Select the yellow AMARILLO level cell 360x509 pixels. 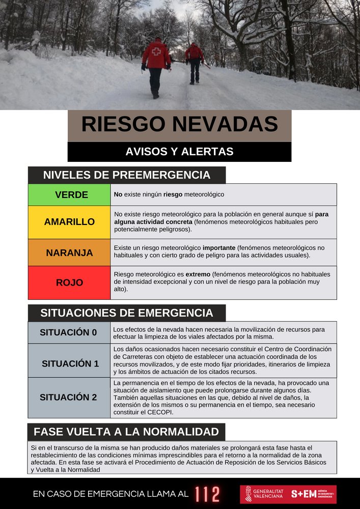pos(69,222)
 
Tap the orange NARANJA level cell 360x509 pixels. pos(69,252)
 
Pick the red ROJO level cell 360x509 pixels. pos(69,282)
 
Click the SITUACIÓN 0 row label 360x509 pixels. pos(69,332)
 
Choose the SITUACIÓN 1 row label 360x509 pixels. pos(70,363)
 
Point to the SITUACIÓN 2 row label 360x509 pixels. pos(69,397)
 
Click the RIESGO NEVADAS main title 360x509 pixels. pos(179,125)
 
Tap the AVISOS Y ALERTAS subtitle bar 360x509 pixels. pos(179,152)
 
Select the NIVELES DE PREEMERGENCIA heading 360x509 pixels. pos(126,175)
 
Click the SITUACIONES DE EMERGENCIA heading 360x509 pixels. pos(126,313)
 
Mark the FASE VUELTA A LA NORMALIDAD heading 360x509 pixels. pos(126,432)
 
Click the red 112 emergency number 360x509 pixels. pos(207,494)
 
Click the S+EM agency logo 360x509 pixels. pos(312,494)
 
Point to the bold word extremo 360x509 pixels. pos(198,274)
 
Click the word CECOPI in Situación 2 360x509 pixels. pos(160,412)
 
